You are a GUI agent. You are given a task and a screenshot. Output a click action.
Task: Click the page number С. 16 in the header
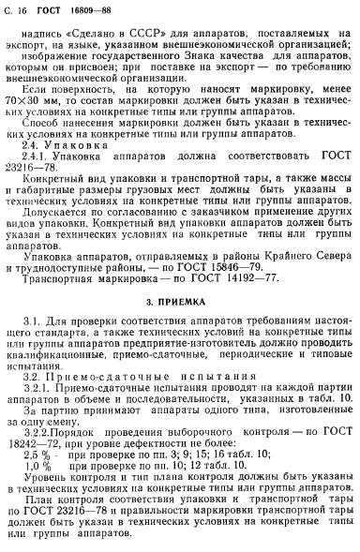pyautogui.click(x=17, y=8)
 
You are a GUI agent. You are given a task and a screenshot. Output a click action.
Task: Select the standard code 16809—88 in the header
pyautogui.click(x=87, y=8)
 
